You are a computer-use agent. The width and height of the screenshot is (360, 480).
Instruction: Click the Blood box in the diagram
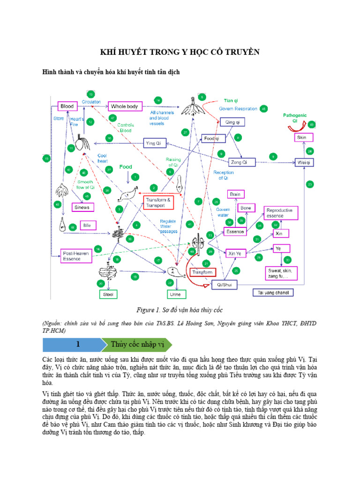tap(67, 106)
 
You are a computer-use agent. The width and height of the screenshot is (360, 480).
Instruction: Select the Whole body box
tap(125, 106)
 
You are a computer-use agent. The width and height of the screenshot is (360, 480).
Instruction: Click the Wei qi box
tap(304, 162)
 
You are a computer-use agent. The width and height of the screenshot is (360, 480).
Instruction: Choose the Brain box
tap(235, 194)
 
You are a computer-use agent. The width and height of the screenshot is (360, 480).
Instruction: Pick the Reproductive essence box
tap(279, 213)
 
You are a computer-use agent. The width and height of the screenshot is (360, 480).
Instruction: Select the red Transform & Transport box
tap(158, 202)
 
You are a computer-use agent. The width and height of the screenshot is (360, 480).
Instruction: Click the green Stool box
tap(108, 294)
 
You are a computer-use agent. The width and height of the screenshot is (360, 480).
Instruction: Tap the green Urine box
tap(173, 294)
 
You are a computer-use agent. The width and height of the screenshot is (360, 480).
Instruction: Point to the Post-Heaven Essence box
tap(75, 256)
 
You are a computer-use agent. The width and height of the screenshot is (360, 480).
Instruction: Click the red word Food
tap(126, 167)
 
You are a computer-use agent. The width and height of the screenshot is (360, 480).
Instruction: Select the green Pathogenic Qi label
tap(295, 117)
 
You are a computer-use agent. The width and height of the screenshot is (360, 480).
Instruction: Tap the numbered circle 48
tap(264, 108)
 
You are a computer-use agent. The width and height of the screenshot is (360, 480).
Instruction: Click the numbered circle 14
tap(158, 100)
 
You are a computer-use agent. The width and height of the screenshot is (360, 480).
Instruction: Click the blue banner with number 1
tap(73, 345)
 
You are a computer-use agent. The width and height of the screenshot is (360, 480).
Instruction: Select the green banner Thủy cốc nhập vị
tap(138, 345)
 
